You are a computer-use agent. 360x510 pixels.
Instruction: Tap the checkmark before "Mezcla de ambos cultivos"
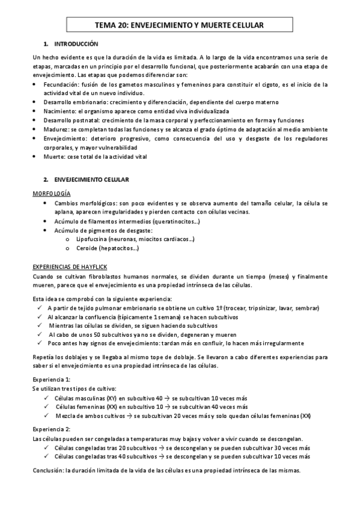click(x=47, y=416)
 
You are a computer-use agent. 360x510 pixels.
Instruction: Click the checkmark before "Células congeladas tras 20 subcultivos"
click(x=47, y=447)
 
